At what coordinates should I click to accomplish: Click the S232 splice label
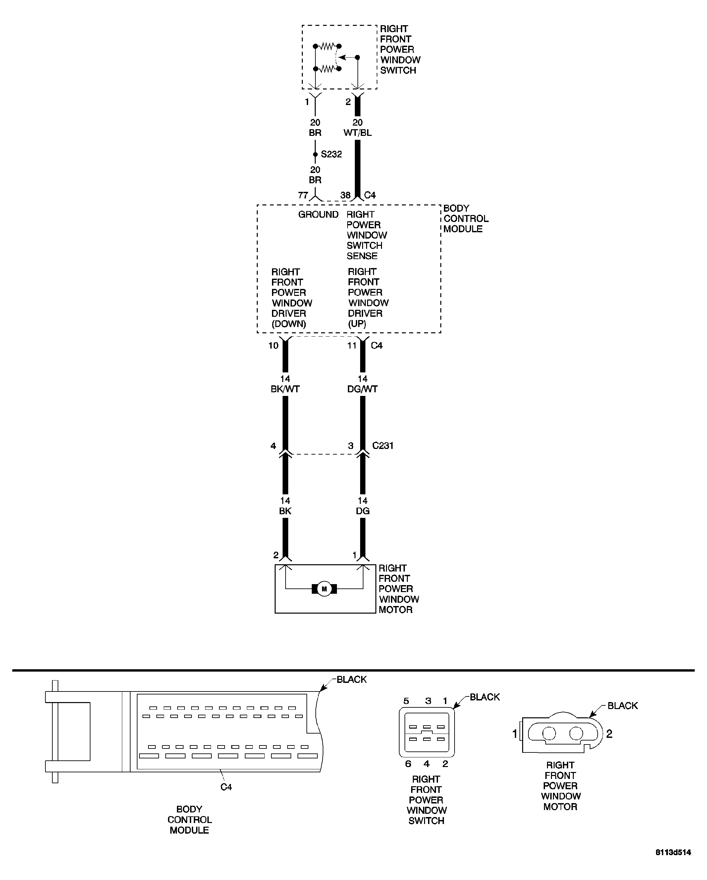point(331,154)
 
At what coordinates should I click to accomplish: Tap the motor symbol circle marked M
point(324,589)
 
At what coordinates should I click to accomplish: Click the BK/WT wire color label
point(285,389)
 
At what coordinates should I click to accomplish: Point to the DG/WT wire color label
point(362,389)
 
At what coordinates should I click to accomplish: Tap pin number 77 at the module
point(303,195)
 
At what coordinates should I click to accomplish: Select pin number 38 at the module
point(345,195)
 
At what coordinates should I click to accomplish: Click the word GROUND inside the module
point(318,214)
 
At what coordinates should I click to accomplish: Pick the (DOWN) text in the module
point(289,324)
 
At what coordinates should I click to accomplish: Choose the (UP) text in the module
point(357,324)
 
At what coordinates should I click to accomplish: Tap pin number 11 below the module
point(352,345)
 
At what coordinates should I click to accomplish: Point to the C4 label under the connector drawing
point(226,787)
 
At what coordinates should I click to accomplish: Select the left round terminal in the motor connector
point(549,734)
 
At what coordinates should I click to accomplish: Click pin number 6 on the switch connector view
point(408,764)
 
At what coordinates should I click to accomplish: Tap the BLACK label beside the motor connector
point(623,706)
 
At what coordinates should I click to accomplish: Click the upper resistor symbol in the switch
point(327,46)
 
